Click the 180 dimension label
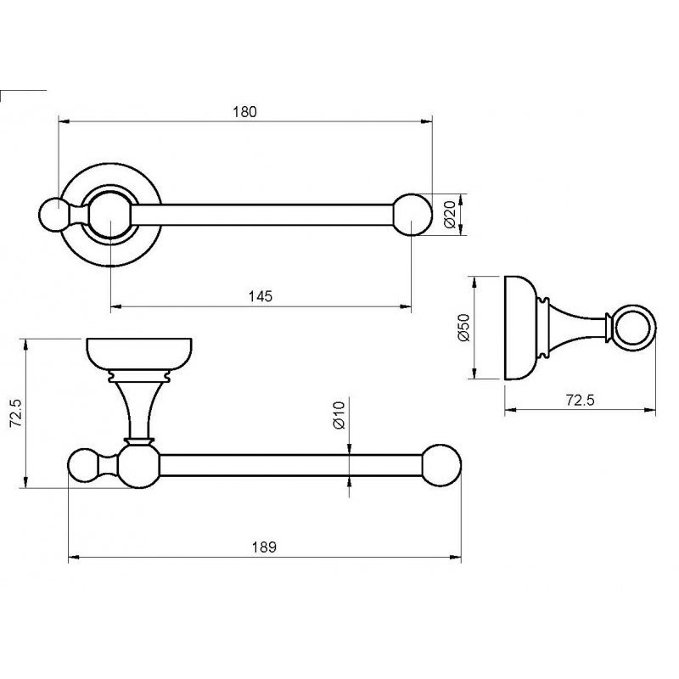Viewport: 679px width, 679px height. tap(244, 112)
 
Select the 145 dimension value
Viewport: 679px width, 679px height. tap(261, 296)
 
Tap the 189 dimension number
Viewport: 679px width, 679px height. tap(264, 547)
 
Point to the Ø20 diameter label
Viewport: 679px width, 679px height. tap(451, 214)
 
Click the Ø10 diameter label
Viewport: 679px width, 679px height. tap(339, 415)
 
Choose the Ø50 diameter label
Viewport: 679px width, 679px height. tap(463, 328)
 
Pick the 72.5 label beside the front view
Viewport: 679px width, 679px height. tap(16, 413)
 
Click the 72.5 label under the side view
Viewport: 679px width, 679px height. tap(581, 400)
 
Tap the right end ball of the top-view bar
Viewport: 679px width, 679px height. tap(412, 215)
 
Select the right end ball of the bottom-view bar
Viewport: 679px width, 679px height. tap(441, 465)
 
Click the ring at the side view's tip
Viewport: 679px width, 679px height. tap(634, 328)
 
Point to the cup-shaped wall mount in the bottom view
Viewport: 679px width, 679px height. tap(139, 354)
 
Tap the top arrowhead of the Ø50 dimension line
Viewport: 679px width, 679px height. tap(475, 282)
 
